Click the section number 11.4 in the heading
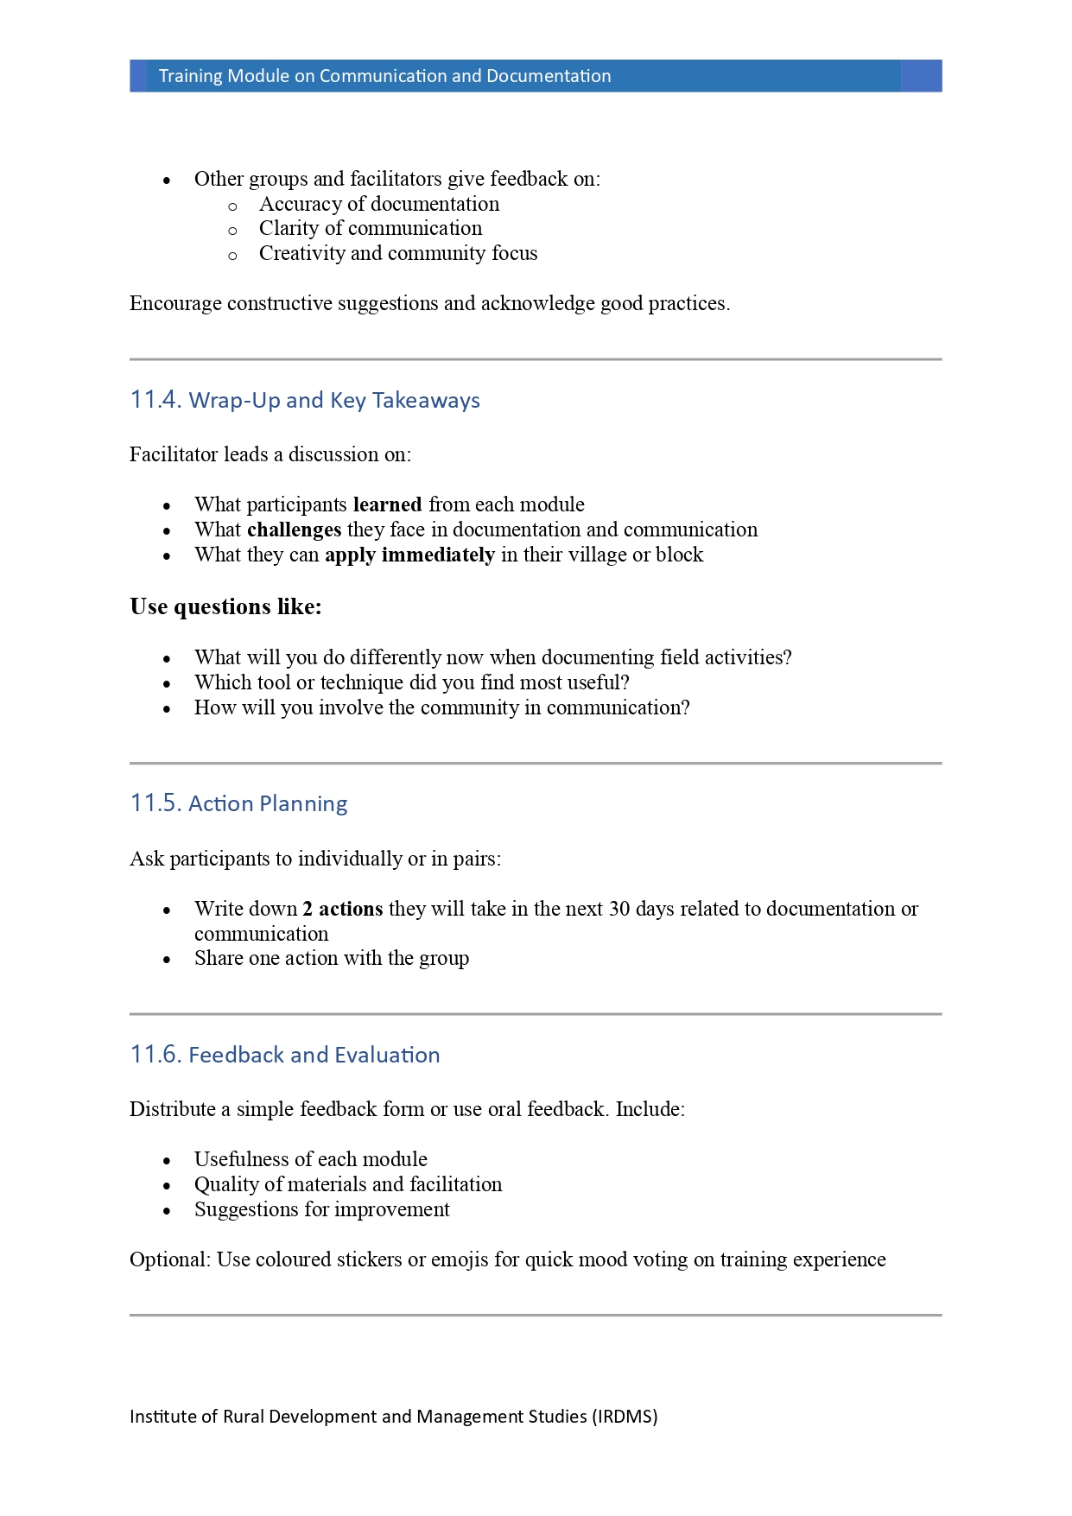155,400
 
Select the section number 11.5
155,803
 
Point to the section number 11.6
155,1055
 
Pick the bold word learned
387,504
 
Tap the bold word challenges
294,530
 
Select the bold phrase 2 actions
342,909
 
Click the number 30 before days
618,909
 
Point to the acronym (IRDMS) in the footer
625,1417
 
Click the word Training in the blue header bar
190,76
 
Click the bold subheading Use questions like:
225,606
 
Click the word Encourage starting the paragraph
175,303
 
